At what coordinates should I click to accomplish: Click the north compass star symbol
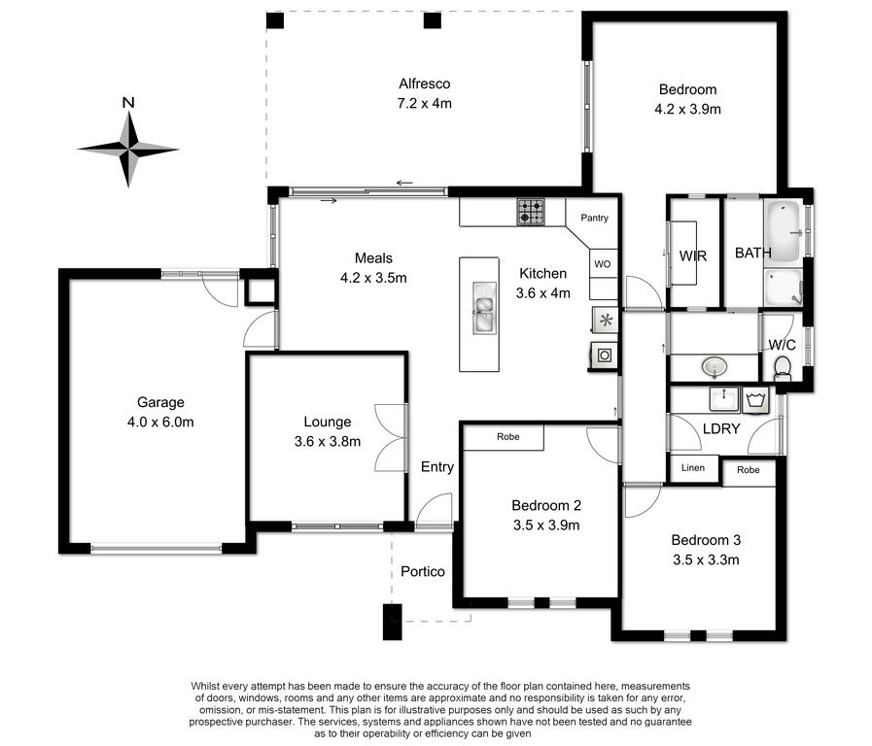coord(128,149)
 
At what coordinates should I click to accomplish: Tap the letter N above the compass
coord(128,102)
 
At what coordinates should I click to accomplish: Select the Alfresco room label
coord(424,84)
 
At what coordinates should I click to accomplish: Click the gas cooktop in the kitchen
coord(531,212)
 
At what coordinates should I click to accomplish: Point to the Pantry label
coord(595,218)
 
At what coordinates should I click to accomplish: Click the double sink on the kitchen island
coord(484,308)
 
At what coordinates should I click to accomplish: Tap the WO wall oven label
coord(603,264)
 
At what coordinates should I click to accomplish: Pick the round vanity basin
coord(715,366)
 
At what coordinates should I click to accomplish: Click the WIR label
coord(693,256)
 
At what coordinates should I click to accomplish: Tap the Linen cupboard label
coord(693,468)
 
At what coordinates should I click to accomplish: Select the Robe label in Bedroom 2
coord(508,437)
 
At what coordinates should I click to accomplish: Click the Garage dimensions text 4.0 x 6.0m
coord(160,423)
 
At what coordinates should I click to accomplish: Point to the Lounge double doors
coord(392,438)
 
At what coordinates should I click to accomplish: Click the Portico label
coord(423,571)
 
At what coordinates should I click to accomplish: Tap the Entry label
coord(437,467)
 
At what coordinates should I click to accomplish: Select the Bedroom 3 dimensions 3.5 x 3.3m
coord(707,559)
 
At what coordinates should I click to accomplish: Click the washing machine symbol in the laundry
coord(755,400)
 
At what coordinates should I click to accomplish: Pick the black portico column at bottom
coord(393,622)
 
